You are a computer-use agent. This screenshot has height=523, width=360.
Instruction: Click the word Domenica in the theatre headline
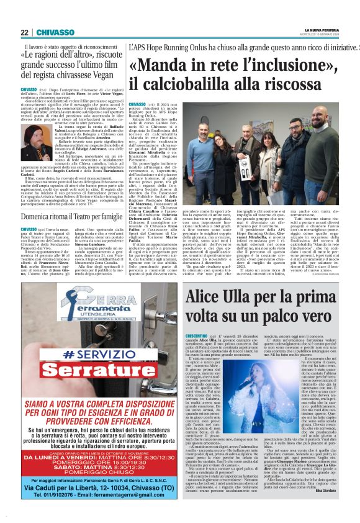pyautogui.click(x=37, y=217)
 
